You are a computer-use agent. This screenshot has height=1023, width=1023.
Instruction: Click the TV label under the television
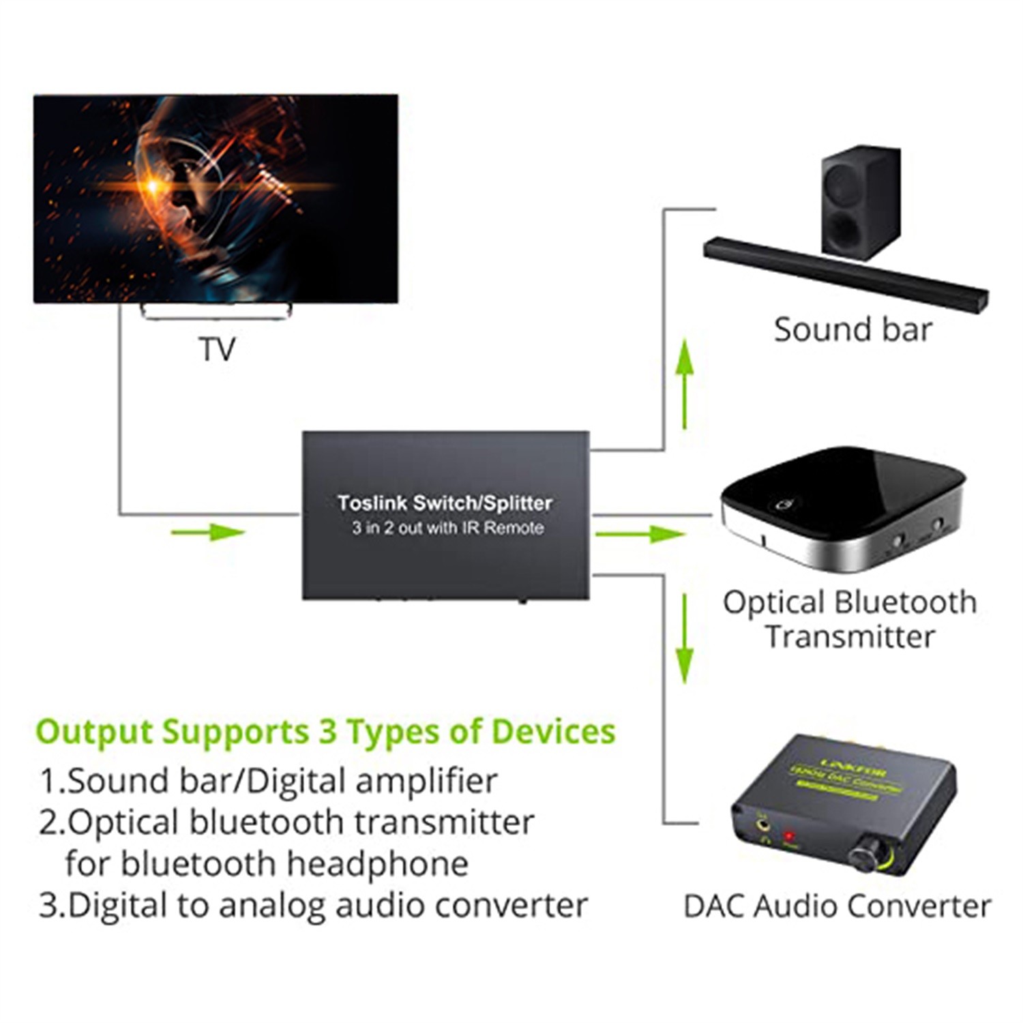pos(217,349)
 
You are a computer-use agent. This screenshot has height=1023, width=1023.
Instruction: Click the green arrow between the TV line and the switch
pos(208,531)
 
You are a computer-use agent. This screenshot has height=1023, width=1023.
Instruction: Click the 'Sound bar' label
pos(853,330)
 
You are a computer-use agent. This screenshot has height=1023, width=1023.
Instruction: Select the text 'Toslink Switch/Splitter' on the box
pos(445,503)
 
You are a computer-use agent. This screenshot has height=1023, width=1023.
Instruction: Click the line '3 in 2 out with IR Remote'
pos(448,528)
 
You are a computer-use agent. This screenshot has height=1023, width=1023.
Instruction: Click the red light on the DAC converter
pos(789,835)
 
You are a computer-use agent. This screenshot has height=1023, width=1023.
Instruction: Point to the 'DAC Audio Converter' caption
pos(837,906)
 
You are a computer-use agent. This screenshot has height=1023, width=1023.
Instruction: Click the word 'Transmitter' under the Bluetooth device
pos(850,637)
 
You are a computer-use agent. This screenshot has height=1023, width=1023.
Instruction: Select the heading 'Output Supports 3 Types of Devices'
pos(325,732)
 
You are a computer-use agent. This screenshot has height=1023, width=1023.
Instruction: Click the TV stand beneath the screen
pos(217,312)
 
